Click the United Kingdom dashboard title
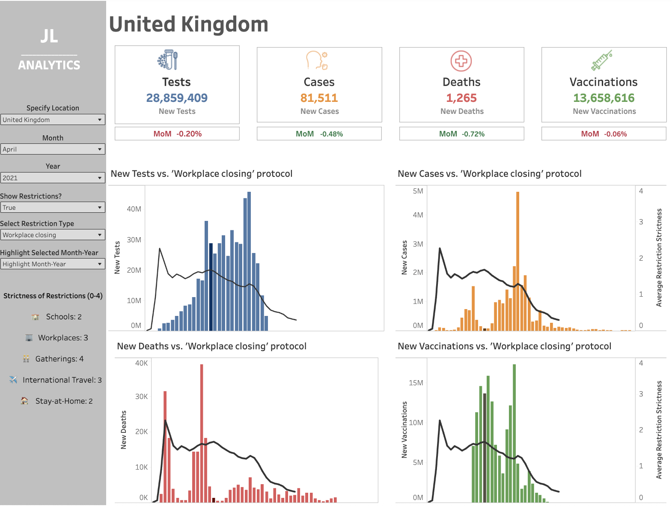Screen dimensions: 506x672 click(188, 24)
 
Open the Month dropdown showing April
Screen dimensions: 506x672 click(53, 149)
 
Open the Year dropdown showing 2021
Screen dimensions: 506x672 click(53, 178)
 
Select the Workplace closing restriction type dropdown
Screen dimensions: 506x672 click(53, 235)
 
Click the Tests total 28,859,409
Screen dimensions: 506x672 click(177, 98)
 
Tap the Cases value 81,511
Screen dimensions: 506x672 click(319, 98)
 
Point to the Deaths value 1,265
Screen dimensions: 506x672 click(461, 98)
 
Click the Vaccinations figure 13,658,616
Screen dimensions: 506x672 click(604, 98)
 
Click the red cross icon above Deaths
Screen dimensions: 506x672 click(461, 61)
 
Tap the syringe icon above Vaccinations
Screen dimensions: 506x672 click(602, 60)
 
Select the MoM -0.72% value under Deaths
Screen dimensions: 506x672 click(473, 134)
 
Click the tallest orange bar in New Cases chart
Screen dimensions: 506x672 click(517, 261)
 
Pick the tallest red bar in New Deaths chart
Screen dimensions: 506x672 click(202, 432)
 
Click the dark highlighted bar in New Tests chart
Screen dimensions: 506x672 click(211, 287)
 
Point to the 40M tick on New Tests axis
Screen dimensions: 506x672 click(134, 209)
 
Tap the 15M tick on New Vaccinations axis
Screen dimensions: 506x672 click(416, 383)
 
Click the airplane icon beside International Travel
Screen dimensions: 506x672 click(13, 380)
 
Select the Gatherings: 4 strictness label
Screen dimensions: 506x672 click(59, 359)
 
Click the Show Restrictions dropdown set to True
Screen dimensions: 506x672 click(53, 208)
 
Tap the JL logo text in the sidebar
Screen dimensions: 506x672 click(49, 36)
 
